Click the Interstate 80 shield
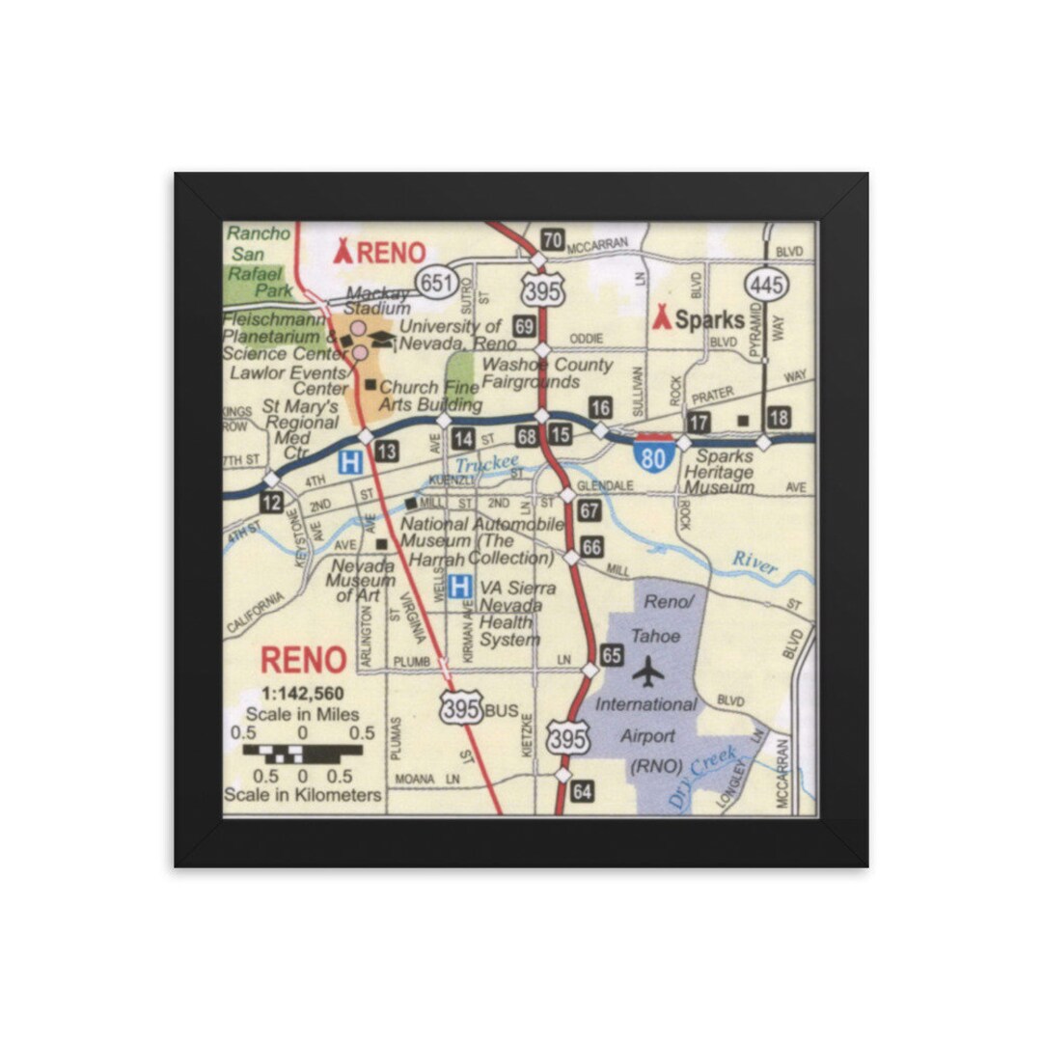[653, 455]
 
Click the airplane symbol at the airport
[648, 670]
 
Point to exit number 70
[552, 240]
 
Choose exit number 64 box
[582, 792]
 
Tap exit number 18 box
[779, 419]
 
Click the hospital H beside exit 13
[349, 463]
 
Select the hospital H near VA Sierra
[460, 586]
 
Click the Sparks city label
[699, 319]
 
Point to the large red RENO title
[303, 660]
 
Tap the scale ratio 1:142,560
[303, 694]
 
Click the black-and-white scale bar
[302, 753]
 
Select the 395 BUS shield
[462, 708]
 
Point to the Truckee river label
[486, 465]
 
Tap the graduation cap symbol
[382, 339]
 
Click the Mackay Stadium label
[378, 300]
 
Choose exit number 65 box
[611, 653]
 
